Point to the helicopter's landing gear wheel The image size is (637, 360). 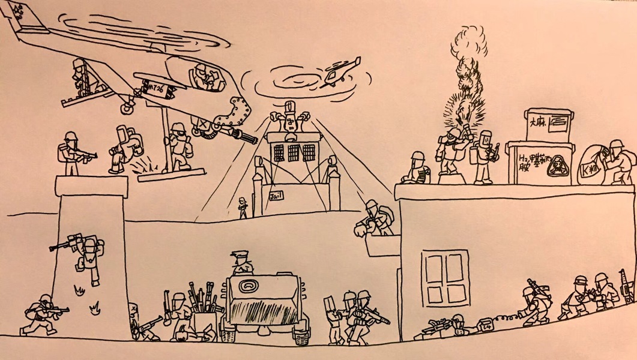pyautogui.click(x=127, y=109)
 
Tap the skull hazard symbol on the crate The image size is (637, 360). pyautogui.click(x=557, y=164)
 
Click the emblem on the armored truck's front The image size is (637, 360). pyautogui.click(x=247, y=287)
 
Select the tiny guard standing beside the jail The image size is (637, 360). pyautogui.click(x=243, y=207)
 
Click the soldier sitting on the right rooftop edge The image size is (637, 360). pyautogui.click(x=417, y=169)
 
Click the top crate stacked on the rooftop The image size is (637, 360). pyautogui.click(x=547, y=125)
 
